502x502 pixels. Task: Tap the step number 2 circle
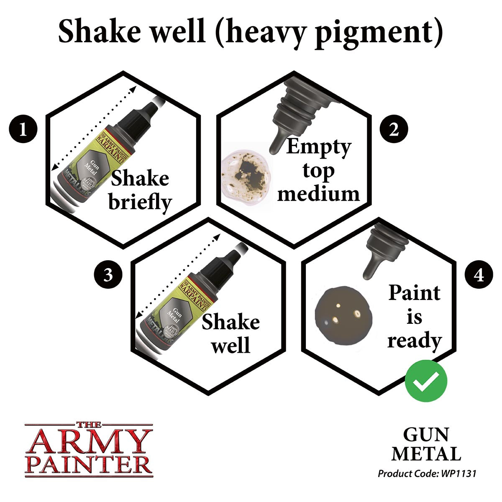(x=394, y=130)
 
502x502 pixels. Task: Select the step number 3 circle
(x=108, y=276)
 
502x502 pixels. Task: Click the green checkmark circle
(x=426, y=381)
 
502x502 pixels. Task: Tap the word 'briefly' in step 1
(x=140, y=202)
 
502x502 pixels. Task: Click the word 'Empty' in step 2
(x=318, y=147)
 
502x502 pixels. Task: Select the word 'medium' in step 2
(x=318, y=194)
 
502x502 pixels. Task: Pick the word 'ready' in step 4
(x=414, y=341)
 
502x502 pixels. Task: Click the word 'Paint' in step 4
(x=414, y=293)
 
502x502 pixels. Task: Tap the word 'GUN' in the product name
(x=425, y=435)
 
